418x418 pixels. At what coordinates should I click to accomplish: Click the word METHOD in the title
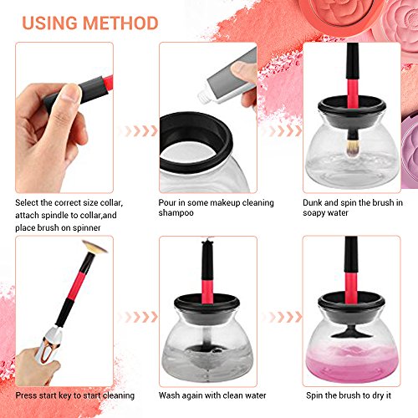120,23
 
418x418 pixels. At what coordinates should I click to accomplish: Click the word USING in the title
49,23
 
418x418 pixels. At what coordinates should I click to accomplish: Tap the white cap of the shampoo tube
205,95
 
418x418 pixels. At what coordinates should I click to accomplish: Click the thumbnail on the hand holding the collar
70,92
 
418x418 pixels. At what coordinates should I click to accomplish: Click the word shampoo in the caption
176,213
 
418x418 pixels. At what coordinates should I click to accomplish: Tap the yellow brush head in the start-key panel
94,247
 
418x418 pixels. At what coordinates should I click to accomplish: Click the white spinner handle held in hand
49,345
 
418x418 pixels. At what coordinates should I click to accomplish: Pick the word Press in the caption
26,395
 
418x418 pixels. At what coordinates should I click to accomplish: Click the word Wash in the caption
169,395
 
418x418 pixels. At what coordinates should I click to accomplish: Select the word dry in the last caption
377,395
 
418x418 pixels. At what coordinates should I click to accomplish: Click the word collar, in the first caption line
111,203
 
